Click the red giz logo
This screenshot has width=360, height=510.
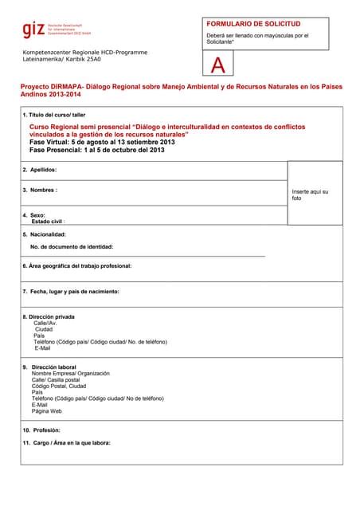[x=33, y=31]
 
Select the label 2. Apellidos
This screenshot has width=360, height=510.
[x=40, y=170]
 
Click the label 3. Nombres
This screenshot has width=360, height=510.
[x=41, y=190]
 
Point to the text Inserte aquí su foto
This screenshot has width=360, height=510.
[x=310, y=194]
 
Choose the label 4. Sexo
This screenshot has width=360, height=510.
[x=33, y=215]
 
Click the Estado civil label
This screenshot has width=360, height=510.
[x=48, y=222]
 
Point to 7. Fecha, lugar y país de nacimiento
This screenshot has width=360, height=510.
[x=71, y=292]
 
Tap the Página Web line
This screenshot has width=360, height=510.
[x=46, y=411]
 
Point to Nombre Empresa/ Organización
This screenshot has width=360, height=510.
[x=71, y=373]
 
